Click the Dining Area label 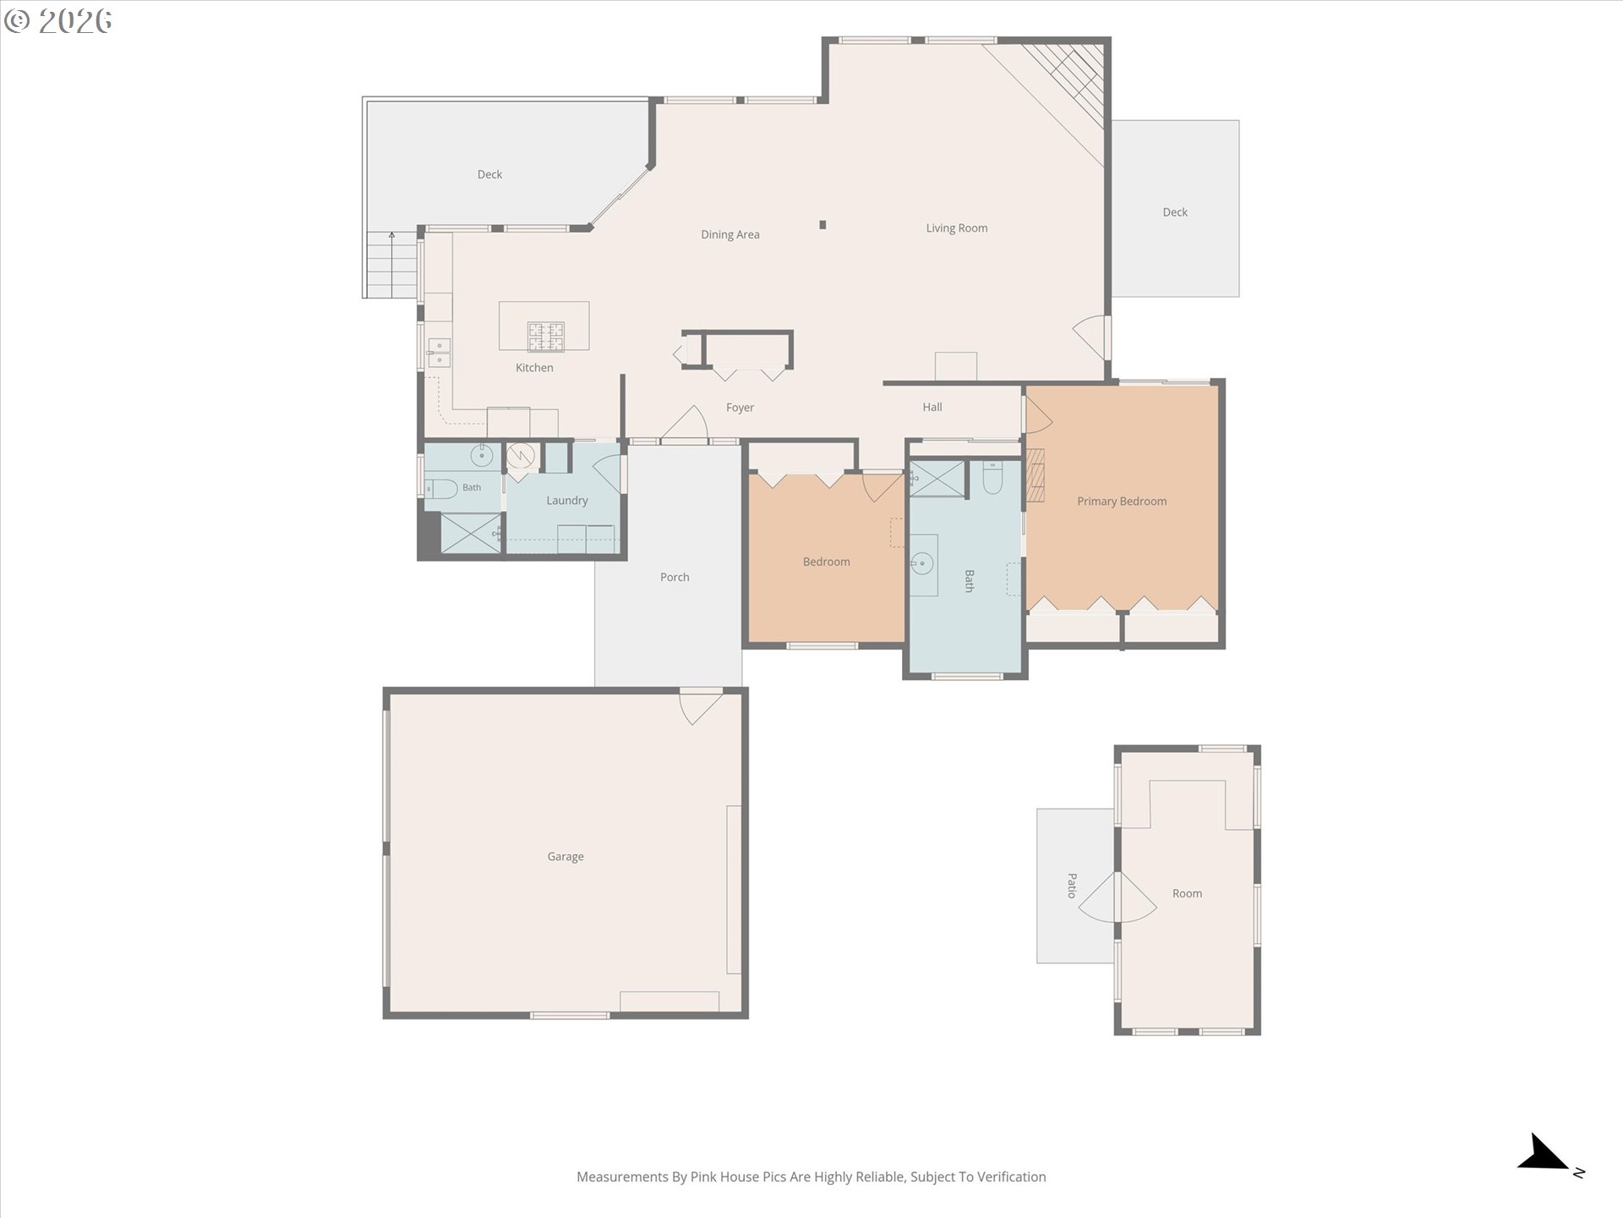[730, 234]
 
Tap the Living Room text [956, 228]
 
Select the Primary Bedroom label [1122, 502]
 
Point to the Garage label [566, 857]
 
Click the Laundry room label [566, 501]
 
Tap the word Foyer [740, 408]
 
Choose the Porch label [675, 577]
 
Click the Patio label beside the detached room [1072, 886]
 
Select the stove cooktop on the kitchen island [546, 337]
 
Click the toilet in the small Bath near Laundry [440, 489]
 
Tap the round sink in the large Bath [922, 562]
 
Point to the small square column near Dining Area [822, 225]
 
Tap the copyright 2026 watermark [57, 21]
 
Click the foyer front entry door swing [684, 423]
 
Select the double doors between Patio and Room [1118, 897]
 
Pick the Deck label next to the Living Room [1175, 212]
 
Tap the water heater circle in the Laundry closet [521, 456]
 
